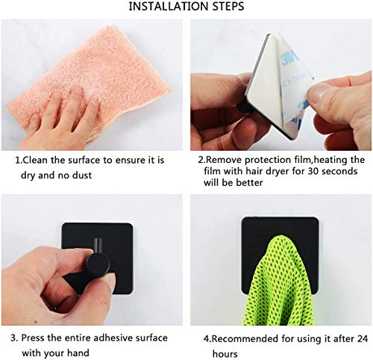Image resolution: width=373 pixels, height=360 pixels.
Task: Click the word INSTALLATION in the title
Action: point(169,6)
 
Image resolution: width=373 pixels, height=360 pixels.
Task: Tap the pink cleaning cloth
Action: point(95,80)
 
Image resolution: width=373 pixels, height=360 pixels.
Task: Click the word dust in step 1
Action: point(82,175)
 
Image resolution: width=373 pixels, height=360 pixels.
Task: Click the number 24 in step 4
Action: point(362,338)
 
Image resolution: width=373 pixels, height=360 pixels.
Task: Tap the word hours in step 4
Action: point(225,354)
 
